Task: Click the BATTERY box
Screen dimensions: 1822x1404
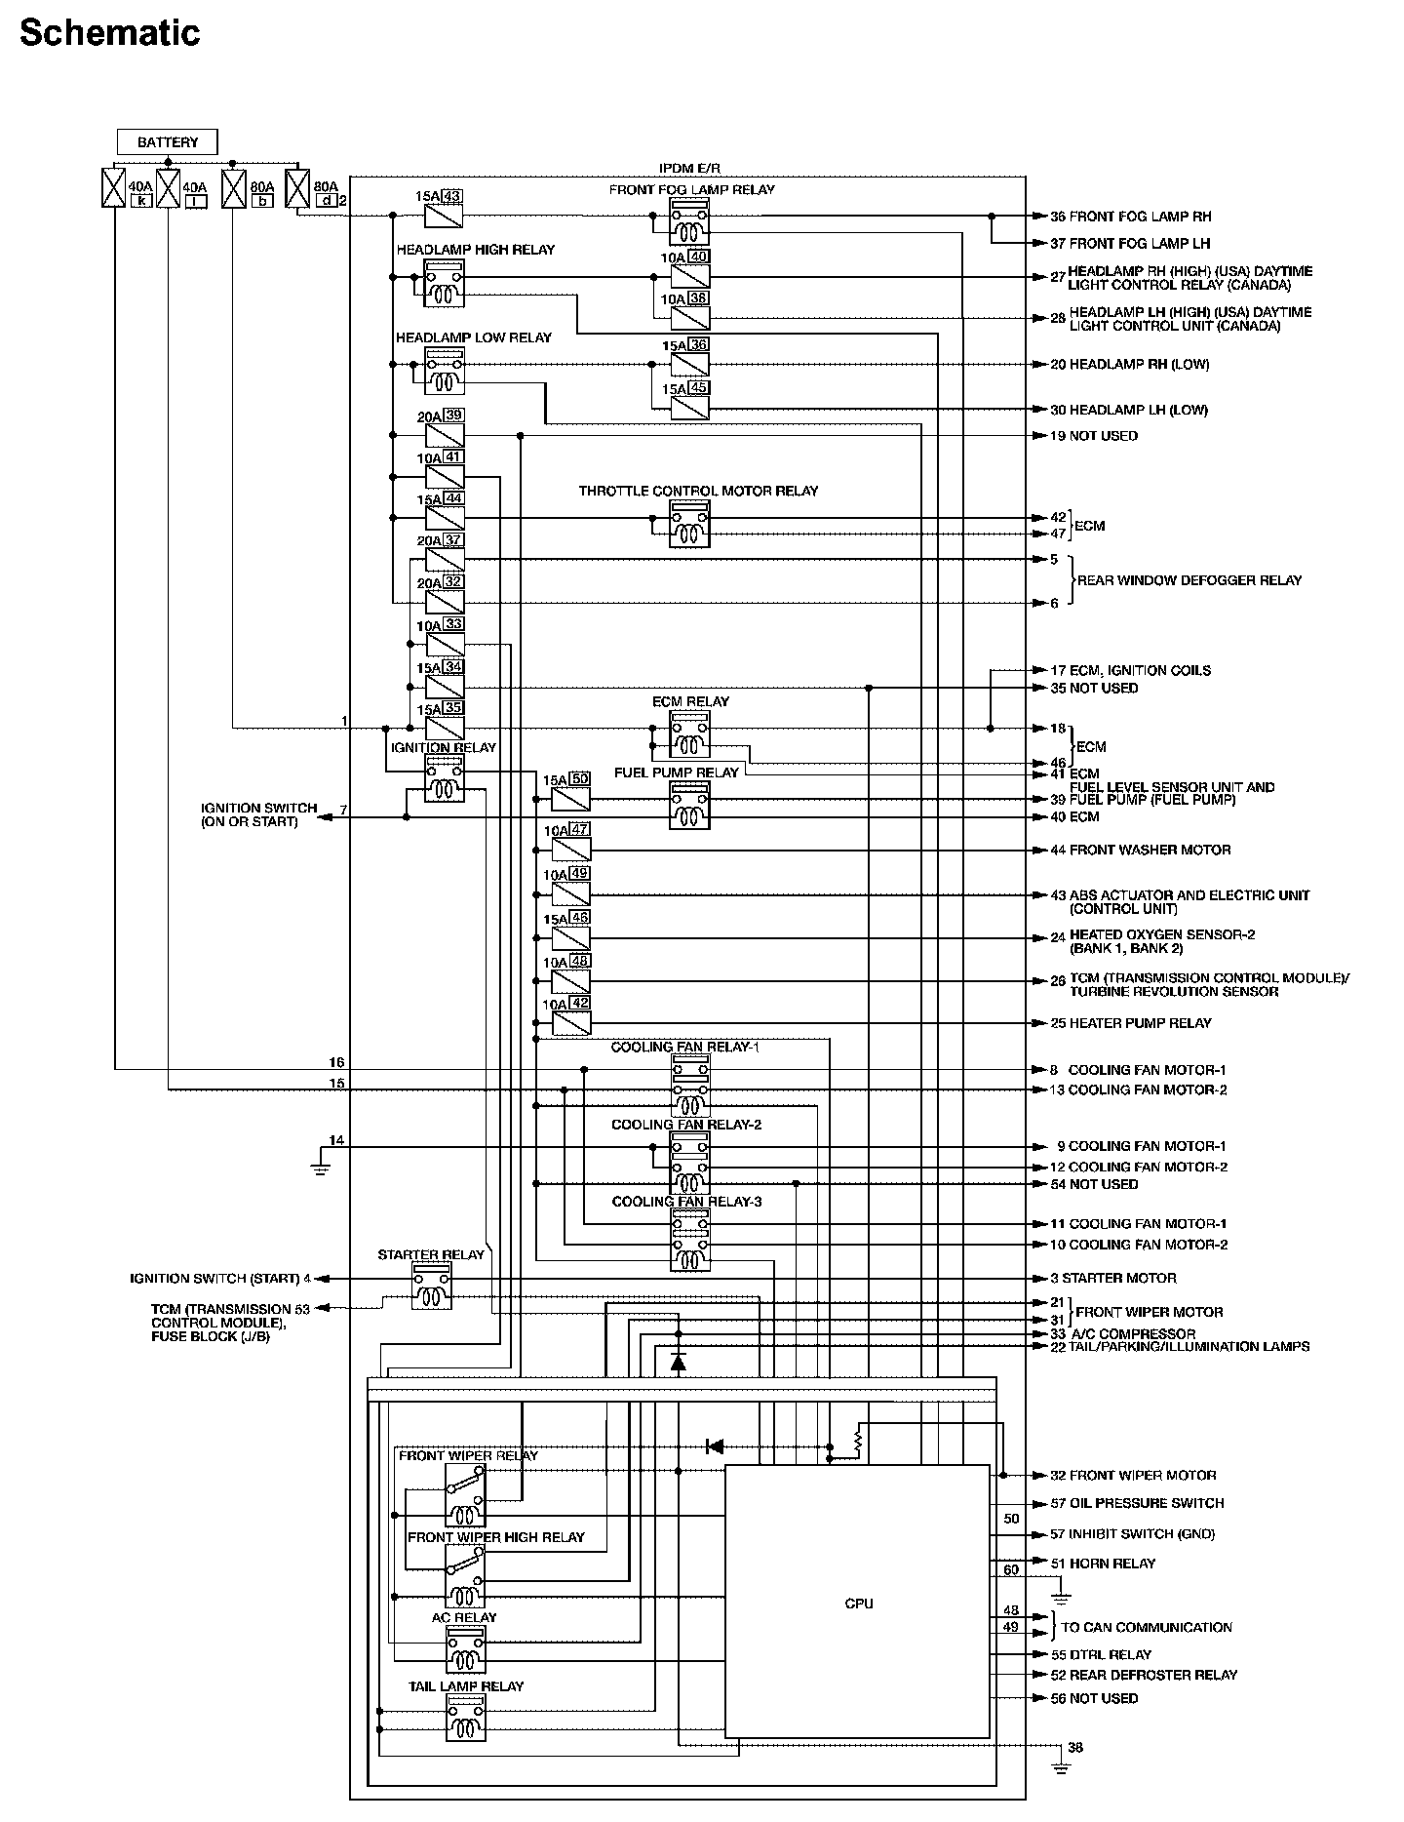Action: click(167, 142)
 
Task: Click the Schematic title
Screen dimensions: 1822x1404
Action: click(109, 33)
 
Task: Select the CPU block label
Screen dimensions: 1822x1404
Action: click(859, 1604)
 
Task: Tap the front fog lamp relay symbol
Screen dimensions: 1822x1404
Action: click(689, 224)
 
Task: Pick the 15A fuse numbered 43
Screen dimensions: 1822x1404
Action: click(444, 216)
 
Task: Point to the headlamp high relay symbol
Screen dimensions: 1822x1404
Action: click(444, 284)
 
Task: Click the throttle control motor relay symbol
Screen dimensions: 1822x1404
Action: click(689, 526)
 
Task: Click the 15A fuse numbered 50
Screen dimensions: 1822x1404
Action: click(570, 799)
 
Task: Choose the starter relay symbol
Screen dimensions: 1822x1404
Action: click(431, 1287)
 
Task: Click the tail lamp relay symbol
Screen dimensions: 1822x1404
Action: click(465, 1718)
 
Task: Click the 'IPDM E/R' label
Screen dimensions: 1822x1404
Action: click(689, 168)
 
